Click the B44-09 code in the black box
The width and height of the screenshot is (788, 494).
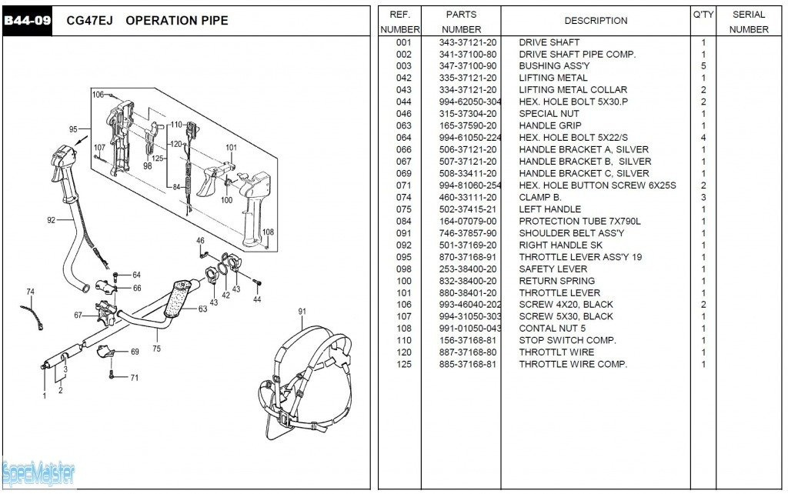click(27, 21)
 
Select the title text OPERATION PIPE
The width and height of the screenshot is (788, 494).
click(176, 21)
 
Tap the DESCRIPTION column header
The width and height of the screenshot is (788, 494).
click(596, 21)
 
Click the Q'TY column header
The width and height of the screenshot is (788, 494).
click(703, 15)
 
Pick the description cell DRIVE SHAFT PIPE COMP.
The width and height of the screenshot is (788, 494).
click(577, 55)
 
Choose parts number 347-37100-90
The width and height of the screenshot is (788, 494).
click(468, 66)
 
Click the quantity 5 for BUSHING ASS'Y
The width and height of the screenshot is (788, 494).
click(703, 66)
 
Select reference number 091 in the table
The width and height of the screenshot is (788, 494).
click(404, 233)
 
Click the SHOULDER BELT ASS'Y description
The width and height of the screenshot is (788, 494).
click(571, 233)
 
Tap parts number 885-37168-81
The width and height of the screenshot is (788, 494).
click(468, 364)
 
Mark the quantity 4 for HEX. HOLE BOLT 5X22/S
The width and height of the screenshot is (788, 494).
click(703, 138)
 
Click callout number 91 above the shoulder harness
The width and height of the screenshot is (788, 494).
click(302, 312)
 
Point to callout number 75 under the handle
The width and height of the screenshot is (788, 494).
click(157, 349)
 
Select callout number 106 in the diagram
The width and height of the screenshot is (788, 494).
click(98, 95)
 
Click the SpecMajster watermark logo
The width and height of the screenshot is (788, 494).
click(38, 473)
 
